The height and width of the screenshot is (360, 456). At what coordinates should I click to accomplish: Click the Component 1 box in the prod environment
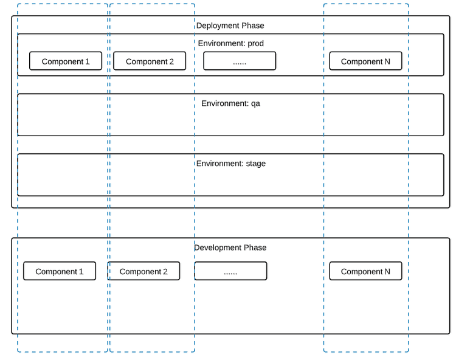coord(66,61)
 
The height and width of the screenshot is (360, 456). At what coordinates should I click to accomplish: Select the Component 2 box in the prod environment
coord(150,61)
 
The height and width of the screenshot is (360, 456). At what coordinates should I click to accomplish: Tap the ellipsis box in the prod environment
coord(240,61)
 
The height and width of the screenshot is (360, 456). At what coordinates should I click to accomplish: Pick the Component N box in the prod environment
coord(365,61)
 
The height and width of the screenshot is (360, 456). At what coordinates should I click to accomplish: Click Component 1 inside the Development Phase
coord(60,271)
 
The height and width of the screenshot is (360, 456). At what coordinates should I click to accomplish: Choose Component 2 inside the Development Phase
coord(143,271)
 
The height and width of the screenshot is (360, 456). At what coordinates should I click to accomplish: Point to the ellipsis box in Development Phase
coord(230,271)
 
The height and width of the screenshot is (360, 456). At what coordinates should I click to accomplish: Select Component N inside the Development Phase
coord(365,271)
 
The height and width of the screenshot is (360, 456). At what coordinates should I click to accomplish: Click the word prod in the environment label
coord(256,44)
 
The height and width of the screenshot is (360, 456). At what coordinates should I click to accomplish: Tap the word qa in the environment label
coord(255,103)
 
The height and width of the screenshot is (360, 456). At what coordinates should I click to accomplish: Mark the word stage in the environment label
coord(255,164)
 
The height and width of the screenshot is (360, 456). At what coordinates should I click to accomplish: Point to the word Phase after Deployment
coord(252,26)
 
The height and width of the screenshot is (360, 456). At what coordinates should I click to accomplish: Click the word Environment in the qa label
coord(224,103)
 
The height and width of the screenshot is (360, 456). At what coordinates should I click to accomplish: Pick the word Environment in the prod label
coord(221,44)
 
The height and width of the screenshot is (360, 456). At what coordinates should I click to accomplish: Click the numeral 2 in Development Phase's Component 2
coord(165,272)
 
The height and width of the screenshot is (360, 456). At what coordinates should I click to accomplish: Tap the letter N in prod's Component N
coord(387,61)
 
